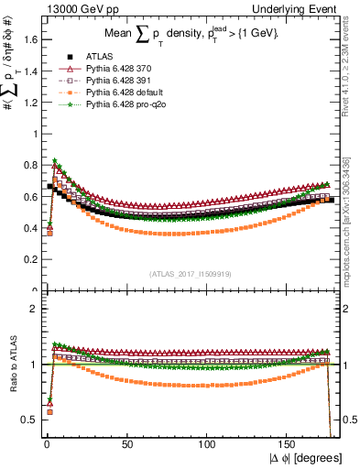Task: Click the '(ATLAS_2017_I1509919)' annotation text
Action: coord(192,272)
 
